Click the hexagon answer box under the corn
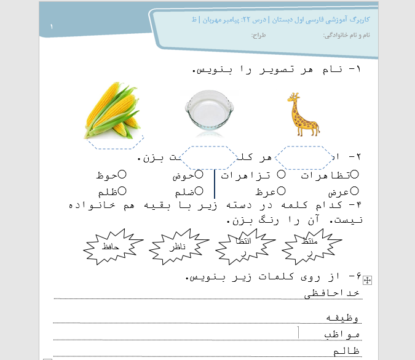(115, 143)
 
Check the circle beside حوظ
(122, 175)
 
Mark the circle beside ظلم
(122, 191)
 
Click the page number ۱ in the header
(52, 28)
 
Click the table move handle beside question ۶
(368, 281)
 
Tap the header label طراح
(257, 35)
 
